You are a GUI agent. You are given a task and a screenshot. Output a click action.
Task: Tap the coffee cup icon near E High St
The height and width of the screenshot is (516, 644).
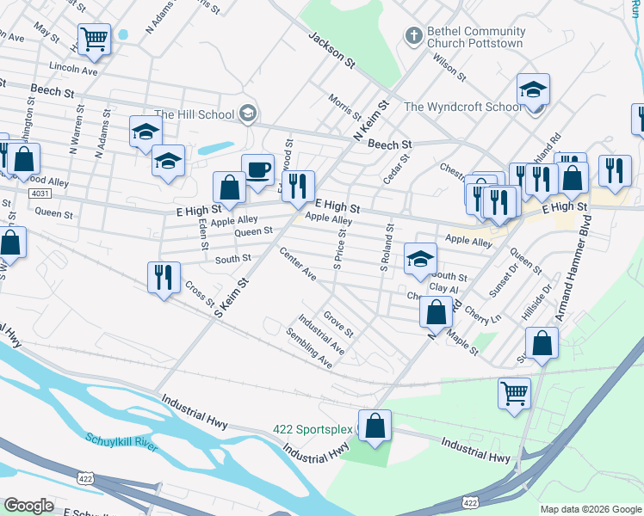[x=257, y=169]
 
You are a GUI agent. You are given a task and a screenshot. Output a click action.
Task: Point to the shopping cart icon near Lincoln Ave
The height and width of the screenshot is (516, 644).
[x=94, y=39]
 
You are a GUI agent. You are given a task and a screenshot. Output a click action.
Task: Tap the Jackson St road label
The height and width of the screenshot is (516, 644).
[x=331, y=51]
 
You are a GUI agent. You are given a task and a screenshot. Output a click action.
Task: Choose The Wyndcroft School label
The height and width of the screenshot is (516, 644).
[x=462, y=107]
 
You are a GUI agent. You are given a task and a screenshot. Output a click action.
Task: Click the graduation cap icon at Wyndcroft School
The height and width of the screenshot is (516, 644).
[x=533, y=89]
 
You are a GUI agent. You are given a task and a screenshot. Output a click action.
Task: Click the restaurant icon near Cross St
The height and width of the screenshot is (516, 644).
[x=164, y=277]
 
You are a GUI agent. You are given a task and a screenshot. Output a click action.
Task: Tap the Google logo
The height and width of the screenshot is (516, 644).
[x=28, y=505]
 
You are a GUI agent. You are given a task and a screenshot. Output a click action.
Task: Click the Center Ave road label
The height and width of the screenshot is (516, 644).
[x=298, y=264]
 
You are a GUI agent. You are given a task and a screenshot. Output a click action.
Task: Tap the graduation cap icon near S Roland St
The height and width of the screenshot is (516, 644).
[x=420, y=258]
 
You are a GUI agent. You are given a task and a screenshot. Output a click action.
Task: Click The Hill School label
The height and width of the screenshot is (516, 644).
[x=197, y=114]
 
